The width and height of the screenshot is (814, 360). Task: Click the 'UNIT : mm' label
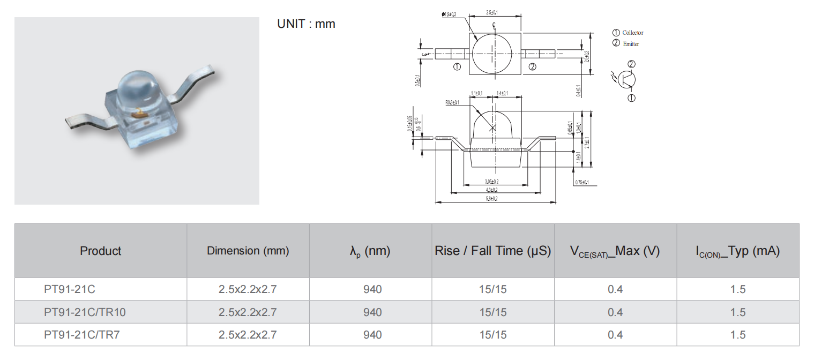coord(306,24)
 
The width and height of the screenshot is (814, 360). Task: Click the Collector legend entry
coord(628,33)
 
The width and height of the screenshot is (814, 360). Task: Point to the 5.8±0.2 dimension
coord(491,199)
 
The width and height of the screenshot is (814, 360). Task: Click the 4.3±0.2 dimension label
coord(491,190)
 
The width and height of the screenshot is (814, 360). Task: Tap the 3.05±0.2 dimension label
coord(491,182)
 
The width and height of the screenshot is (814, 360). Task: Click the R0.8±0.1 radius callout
coord(453,102)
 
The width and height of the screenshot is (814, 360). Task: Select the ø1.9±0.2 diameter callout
coord(449,14)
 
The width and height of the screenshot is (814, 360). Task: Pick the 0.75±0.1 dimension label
coord(581,182)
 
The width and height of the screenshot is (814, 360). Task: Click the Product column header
coord(101,251)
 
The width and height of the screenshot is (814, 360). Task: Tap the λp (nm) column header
coord(370,251)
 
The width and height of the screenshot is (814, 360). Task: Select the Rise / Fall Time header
coord(492,251)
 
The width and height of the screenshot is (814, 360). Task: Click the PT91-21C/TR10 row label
coord(85,312)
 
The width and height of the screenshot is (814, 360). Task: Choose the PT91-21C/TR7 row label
coord(81,335)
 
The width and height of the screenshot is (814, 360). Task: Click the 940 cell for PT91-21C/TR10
coord(372,312)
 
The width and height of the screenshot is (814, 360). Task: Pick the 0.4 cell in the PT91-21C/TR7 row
coord(615,335)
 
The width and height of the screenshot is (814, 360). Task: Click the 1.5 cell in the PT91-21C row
coord(738,289)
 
